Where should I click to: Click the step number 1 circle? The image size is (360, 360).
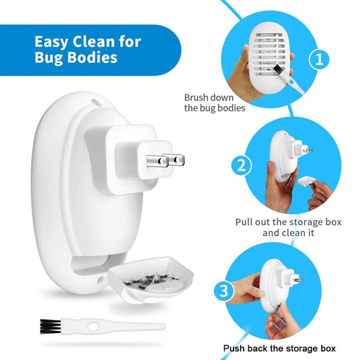pyautogui.click(x=319, y=59)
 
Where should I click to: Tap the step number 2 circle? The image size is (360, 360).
pyautogui.click(x=241, y=165)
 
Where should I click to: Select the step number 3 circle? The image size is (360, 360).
pyautogui.click(x=224, y=291)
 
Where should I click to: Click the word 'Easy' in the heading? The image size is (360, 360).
pyautogui.click(x=51, y=42)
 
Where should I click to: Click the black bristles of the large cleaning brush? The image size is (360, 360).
pyautogui.click(x=50, y=326)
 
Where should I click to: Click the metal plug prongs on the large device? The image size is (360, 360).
pyautogui.click(x=165, y=160)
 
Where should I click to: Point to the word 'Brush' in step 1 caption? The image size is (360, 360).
pyautogui.click(x=196, y=98)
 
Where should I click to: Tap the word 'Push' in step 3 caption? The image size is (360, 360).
pyautogui.click(x=234, y=348)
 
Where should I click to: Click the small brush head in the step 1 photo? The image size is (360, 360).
pyautogui.click(x=279, y=69)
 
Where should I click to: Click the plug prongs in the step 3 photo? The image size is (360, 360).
pyautogui.click(x=299, y=279)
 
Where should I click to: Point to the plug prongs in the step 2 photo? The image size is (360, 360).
pyautogui.click(x=308, y=151)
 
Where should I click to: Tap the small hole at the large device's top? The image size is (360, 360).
pyautogui.click(x=95, y=102)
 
